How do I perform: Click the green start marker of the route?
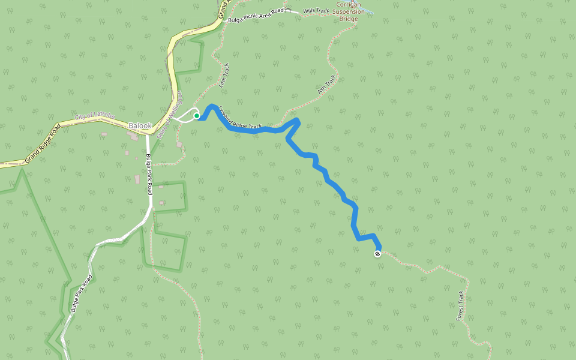click(x=196, y=116)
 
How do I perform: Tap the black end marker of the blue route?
click(x=377, y=254)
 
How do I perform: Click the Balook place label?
click(x=140, y=126)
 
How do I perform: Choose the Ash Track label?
click(x=327, y=85)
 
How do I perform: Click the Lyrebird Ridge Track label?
click(x=240, y=118)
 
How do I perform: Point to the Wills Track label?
click(x=316, y=11)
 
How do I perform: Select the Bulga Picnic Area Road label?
click(x=256, y=14)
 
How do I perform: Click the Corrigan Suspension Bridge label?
click(x=348, y=11)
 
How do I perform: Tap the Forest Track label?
click(x=460, y=305)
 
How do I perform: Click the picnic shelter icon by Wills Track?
click(x=288, y=10)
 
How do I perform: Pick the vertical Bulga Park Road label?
click(x=149, y=174)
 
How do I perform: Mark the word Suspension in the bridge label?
click(x=348, y=11)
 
